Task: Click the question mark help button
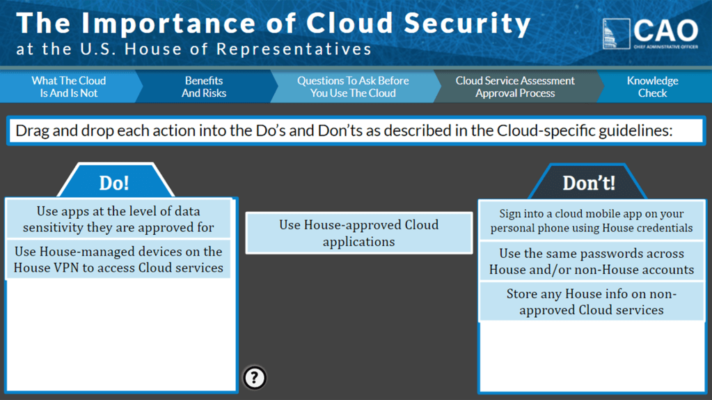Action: point(255,377)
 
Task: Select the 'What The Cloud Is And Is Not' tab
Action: point(68,87)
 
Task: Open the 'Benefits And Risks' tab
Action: point(204,87)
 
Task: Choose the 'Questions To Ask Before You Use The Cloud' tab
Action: point(353,87)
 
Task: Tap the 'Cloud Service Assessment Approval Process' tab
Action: point(515,87)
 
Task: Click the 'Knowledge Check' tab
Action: point(652,87)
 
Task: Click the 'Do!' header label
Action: point(114,183)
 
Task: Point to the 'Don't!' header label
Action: point(589,183)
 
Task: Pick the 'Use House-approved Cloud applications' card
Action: point(359,233)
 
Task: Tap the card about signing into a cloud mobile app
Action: point(592,221)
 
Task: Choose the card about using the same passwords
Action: point(592,261)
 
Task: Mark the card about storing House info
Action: point(592,302)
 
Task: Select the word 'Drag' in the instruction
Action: point(32,130)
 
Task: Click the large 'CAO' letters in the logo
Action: point(665,31)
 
